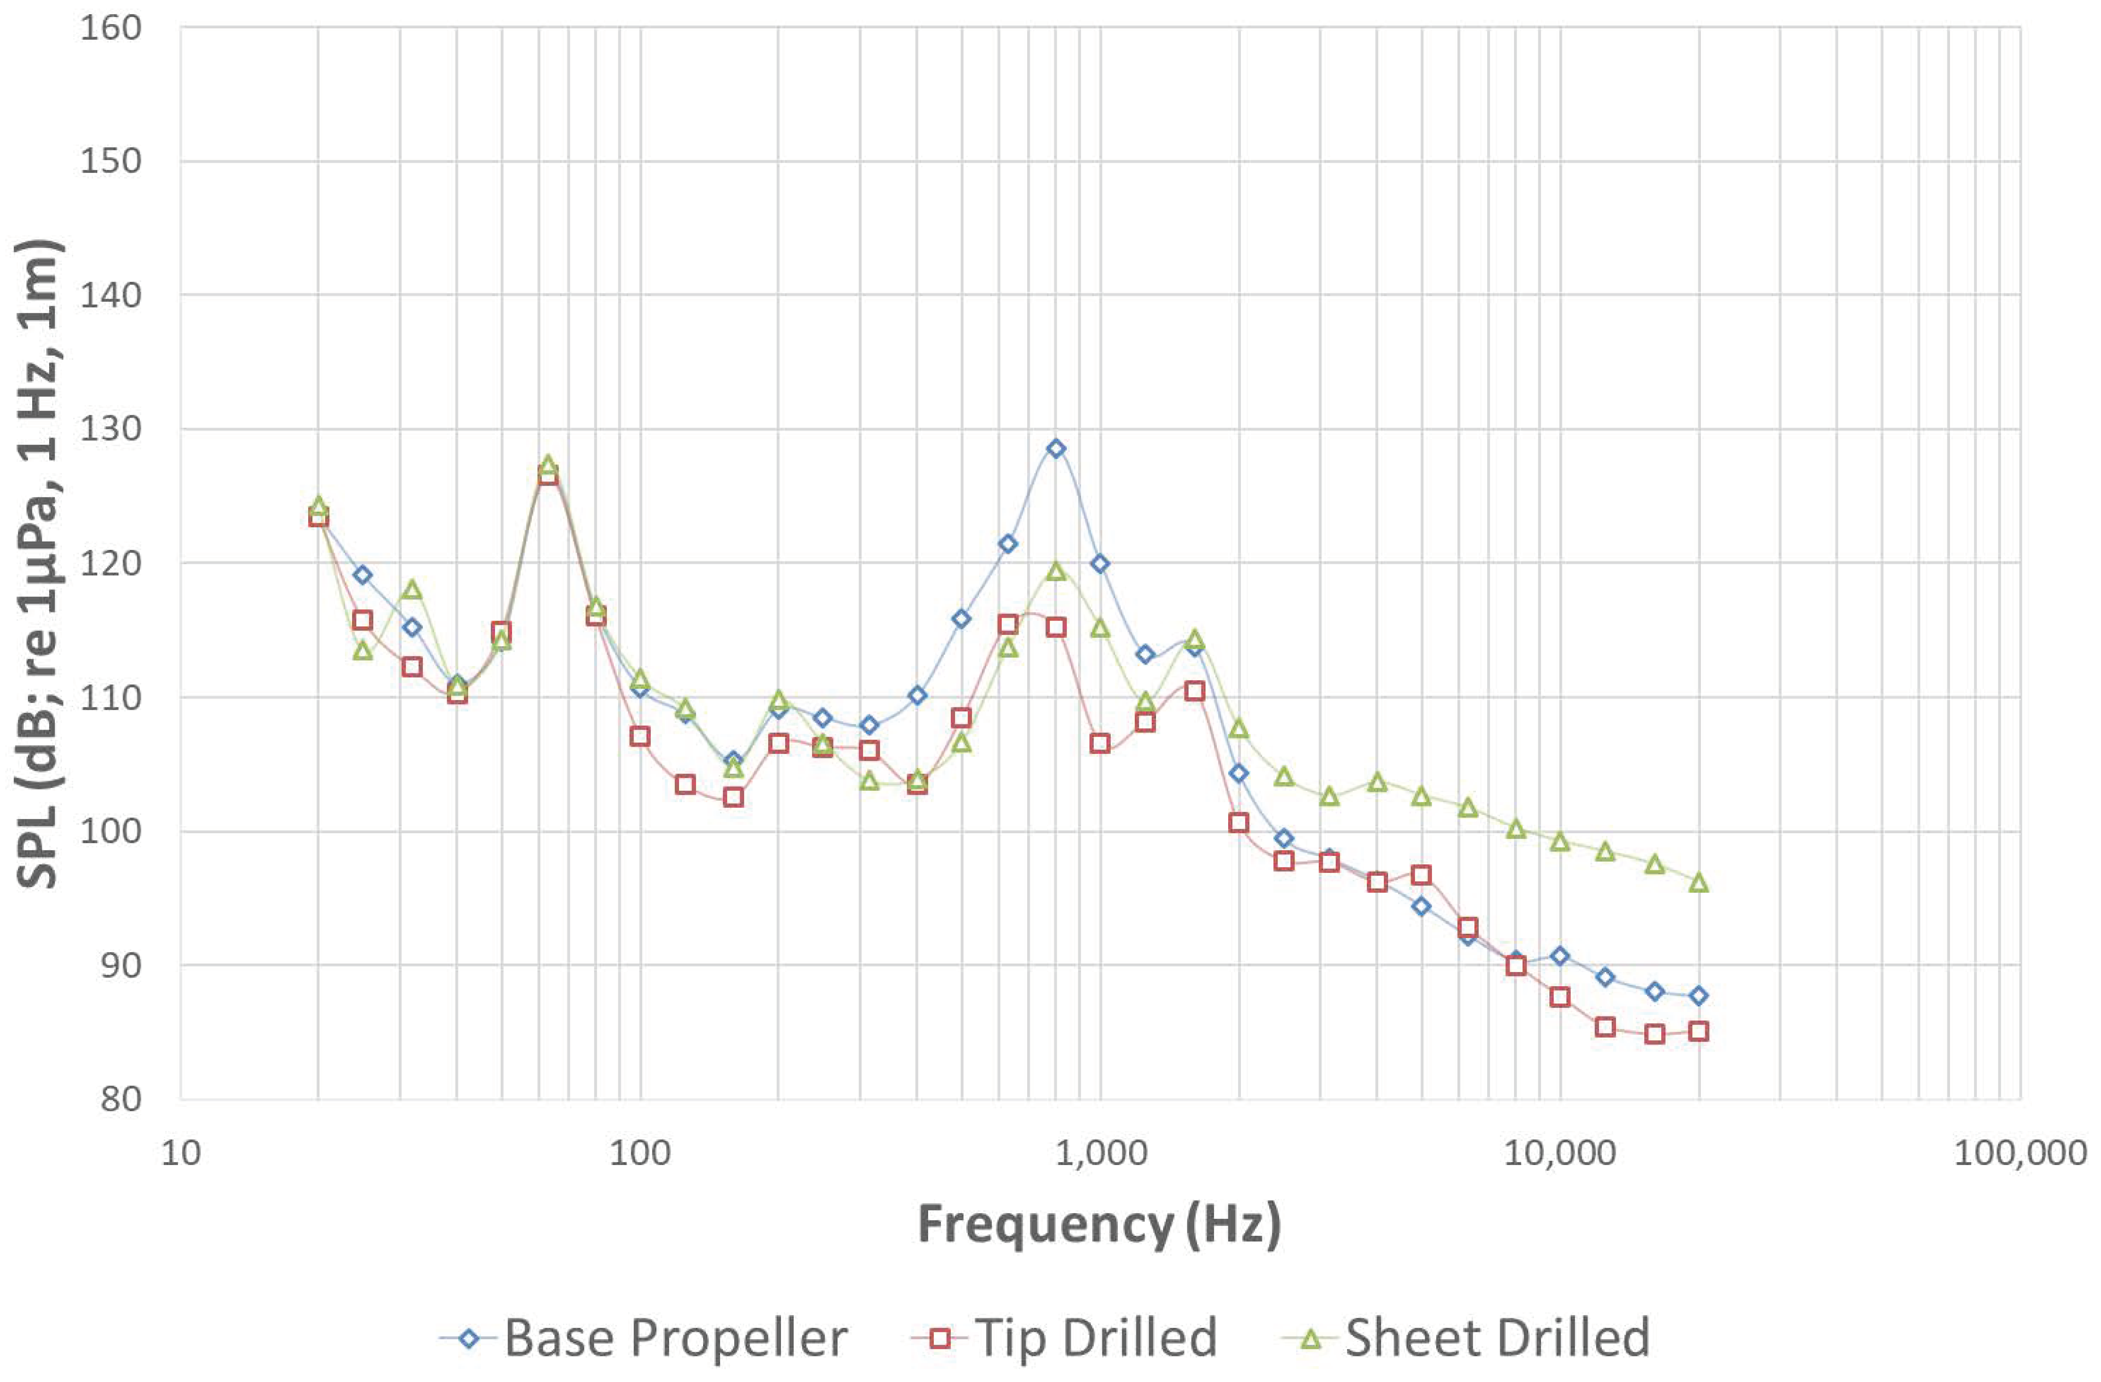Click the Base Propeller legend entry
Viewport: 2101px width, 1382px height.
[x=644, y=1338]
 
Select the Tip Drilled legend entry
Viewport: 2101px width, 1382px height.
[x=1064, y=1338]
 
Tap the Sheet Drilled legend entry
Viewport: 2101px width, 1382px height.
[x=1466, y=1338]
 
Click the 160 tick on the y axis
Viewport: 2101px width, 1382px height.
[x=110, y=28]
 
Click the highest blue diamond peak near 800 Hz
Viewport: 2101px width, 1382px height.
[x=1056, y=449]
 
